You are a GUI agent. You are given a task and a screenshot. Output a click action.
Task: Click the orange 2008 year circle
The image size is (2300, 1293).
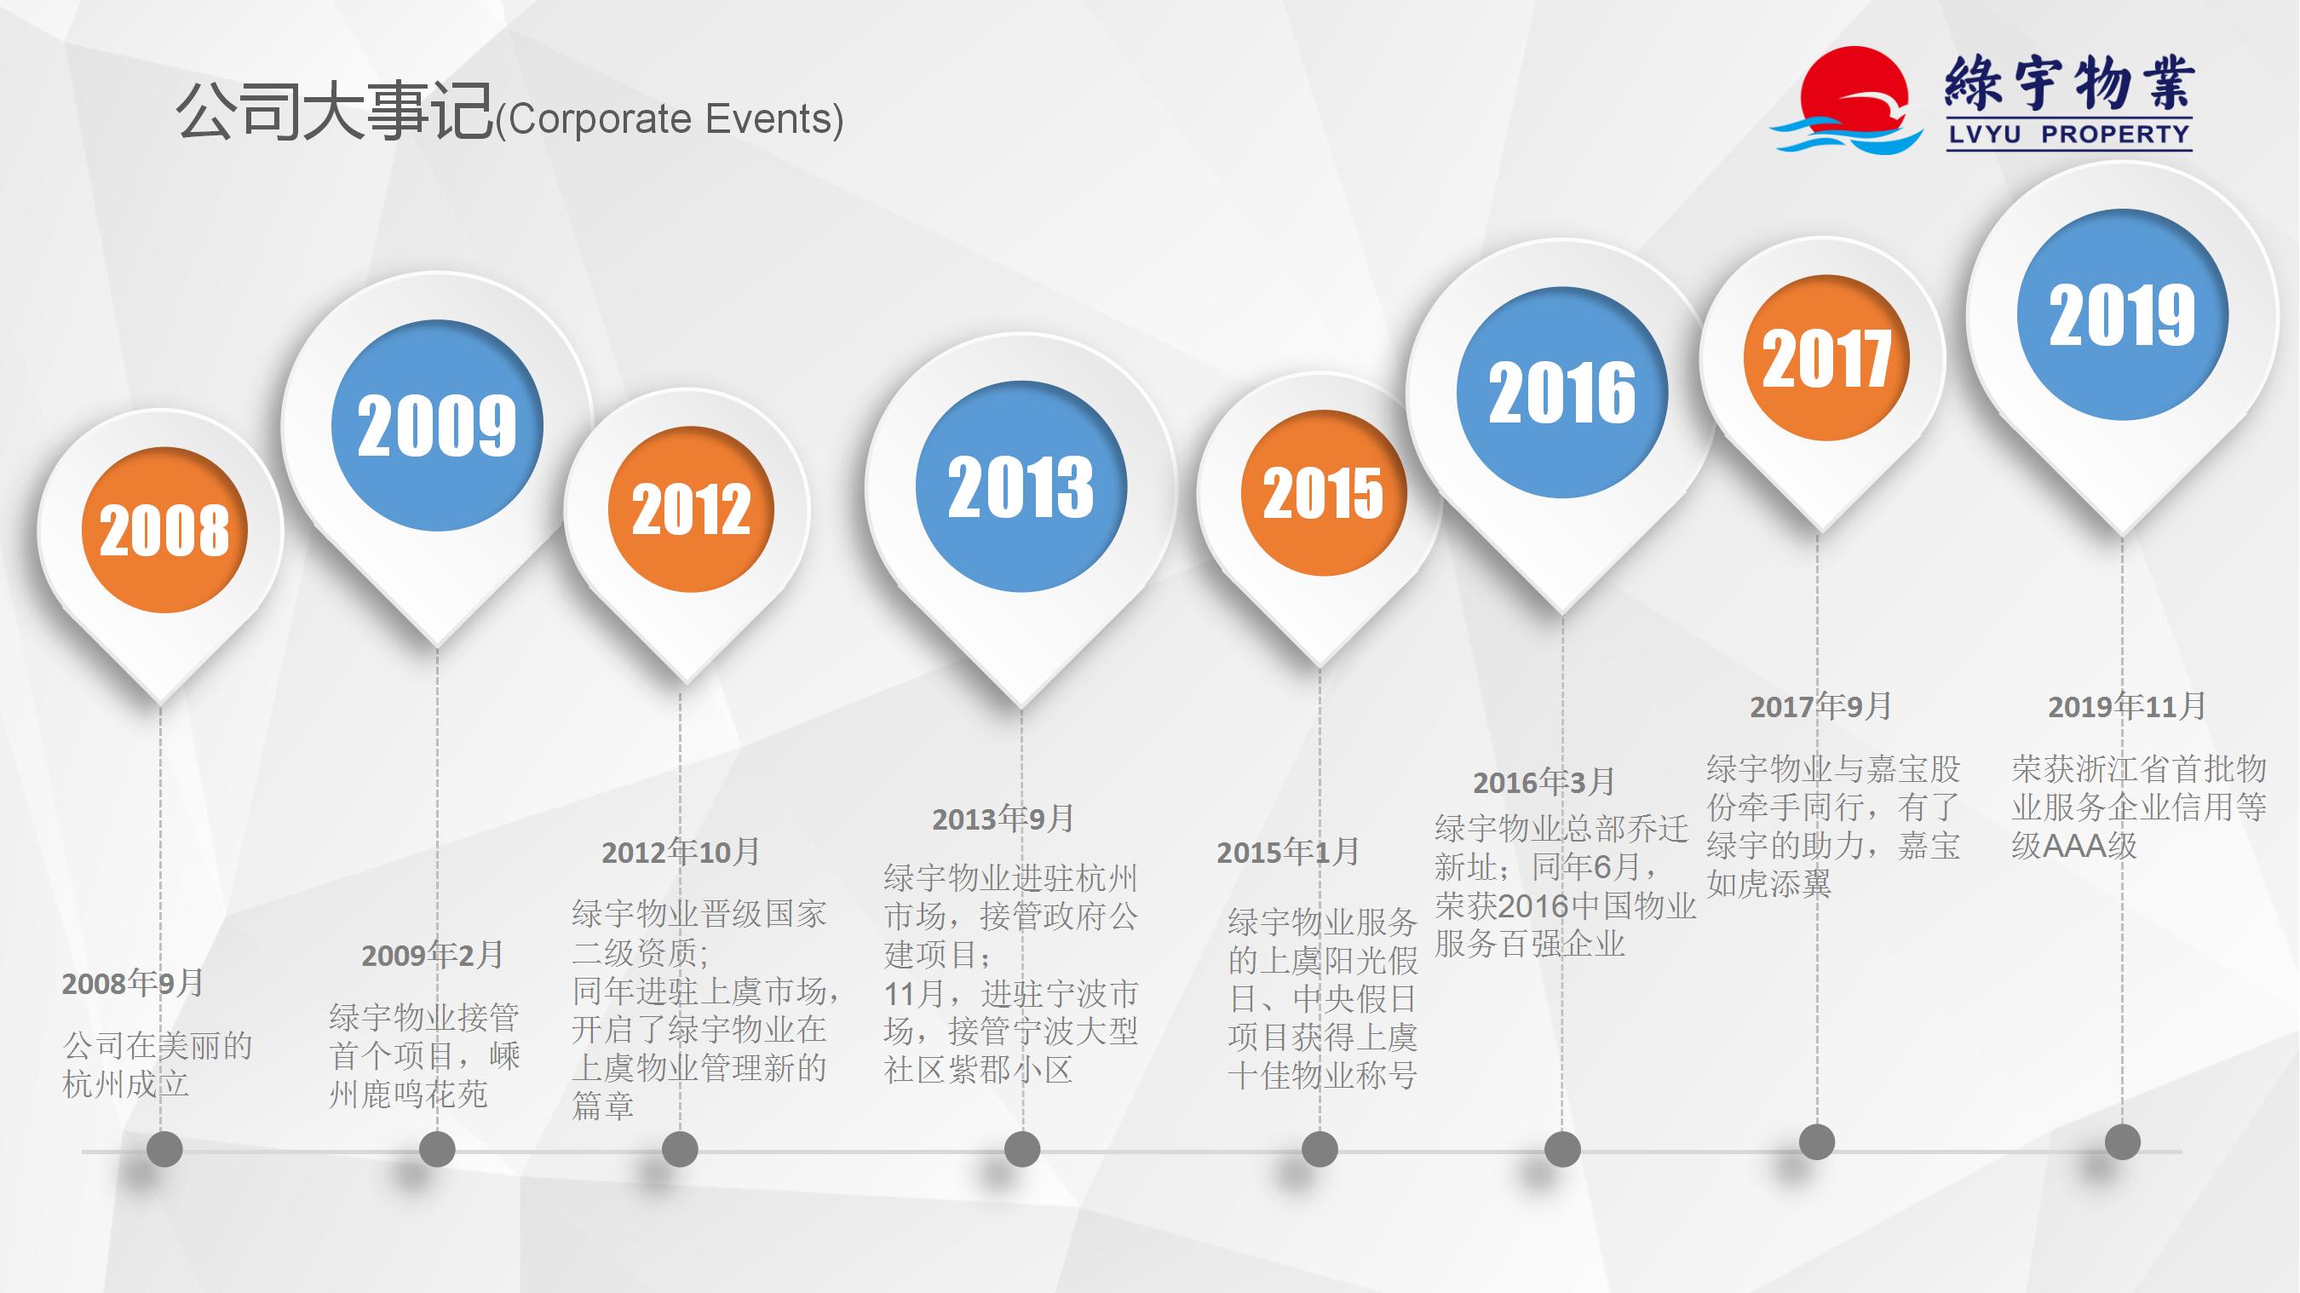[x=164, y=530]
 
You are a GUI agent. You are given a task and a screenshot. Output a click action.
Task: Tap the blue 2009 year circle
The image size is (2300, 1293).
[x=437, y=425]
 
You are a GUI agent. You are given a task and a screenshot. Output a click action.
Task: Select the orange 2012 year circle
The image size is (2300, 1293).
[x=691, y=509]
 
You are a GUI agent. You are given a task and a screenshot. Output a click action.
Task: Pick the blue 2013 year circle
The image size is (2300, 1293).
[x=1021, y=486]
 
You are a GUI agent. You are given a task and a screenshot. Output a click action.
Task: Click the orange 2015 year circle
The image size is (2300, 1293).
[x=1323, y=493]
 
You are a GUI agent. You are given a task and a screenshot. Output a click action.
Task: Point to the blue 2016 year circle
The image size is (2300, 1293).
[x=1562, y=392]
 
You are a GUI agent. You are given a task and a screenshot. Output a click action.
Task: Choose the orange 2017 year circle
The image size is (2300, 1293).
[x=1826, y=357]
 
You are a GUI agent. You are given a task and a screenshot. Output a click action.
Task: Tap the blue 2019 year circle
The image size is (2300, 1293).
[x=2122, y=314]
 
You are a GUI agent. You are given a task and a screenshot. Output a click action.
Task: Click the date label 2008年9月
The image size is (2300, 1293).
[x=132, y=983]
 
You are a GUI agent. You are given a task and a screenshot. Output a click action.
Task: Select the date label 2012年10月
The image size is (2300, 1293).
[x=681, y=852]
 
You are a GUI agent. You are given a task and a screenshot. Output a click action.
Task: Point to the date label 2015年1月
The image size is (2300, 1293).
[x=1287, y=852]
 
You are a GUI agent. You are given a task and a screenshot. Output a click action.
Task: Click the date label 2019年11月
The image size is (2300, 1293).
[x=2127, y=706]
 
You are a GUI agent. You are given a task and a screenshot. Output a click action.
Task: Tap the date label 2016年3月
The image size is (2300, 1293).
[x=1544, y=782]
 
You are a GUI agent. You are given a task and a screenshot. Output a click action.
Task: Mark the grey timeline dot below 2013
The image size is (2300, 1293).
[x=1022, y=1149]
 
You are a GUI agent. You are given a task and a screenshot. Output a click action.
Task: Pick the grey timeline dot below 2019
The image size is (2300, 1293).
[x=2122, y=1142]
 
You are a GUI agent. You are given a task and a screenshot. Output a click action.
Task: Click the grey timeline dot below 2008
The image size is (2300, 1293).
[x=164, y=1149]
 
